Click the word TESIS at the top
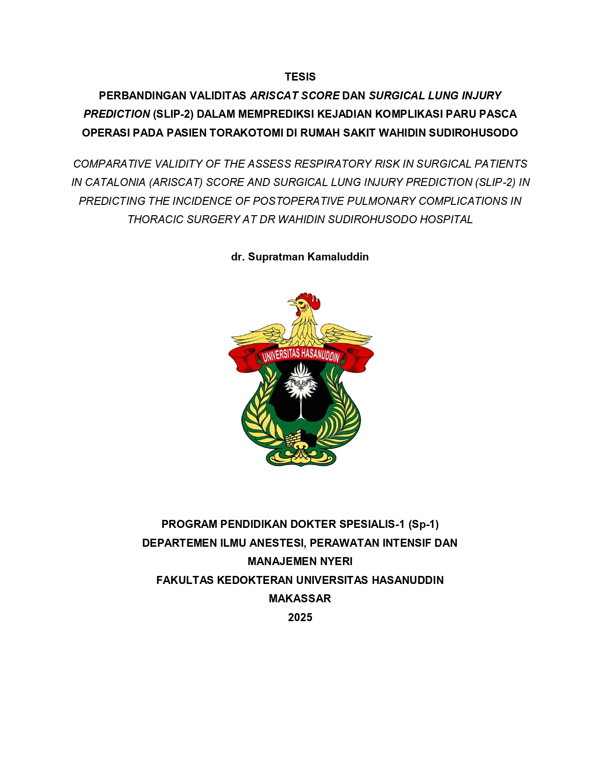tap(300, 77)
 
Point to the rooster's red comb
tap(309, 300)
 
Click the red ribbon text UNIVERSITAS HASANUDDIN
tap(301, 354)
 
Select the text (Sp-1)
tap(423, 524)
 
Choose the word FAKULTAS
tap(185, 580)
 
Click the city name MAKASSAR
tap(300, 599)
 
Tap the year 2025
tap(300, 617)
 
